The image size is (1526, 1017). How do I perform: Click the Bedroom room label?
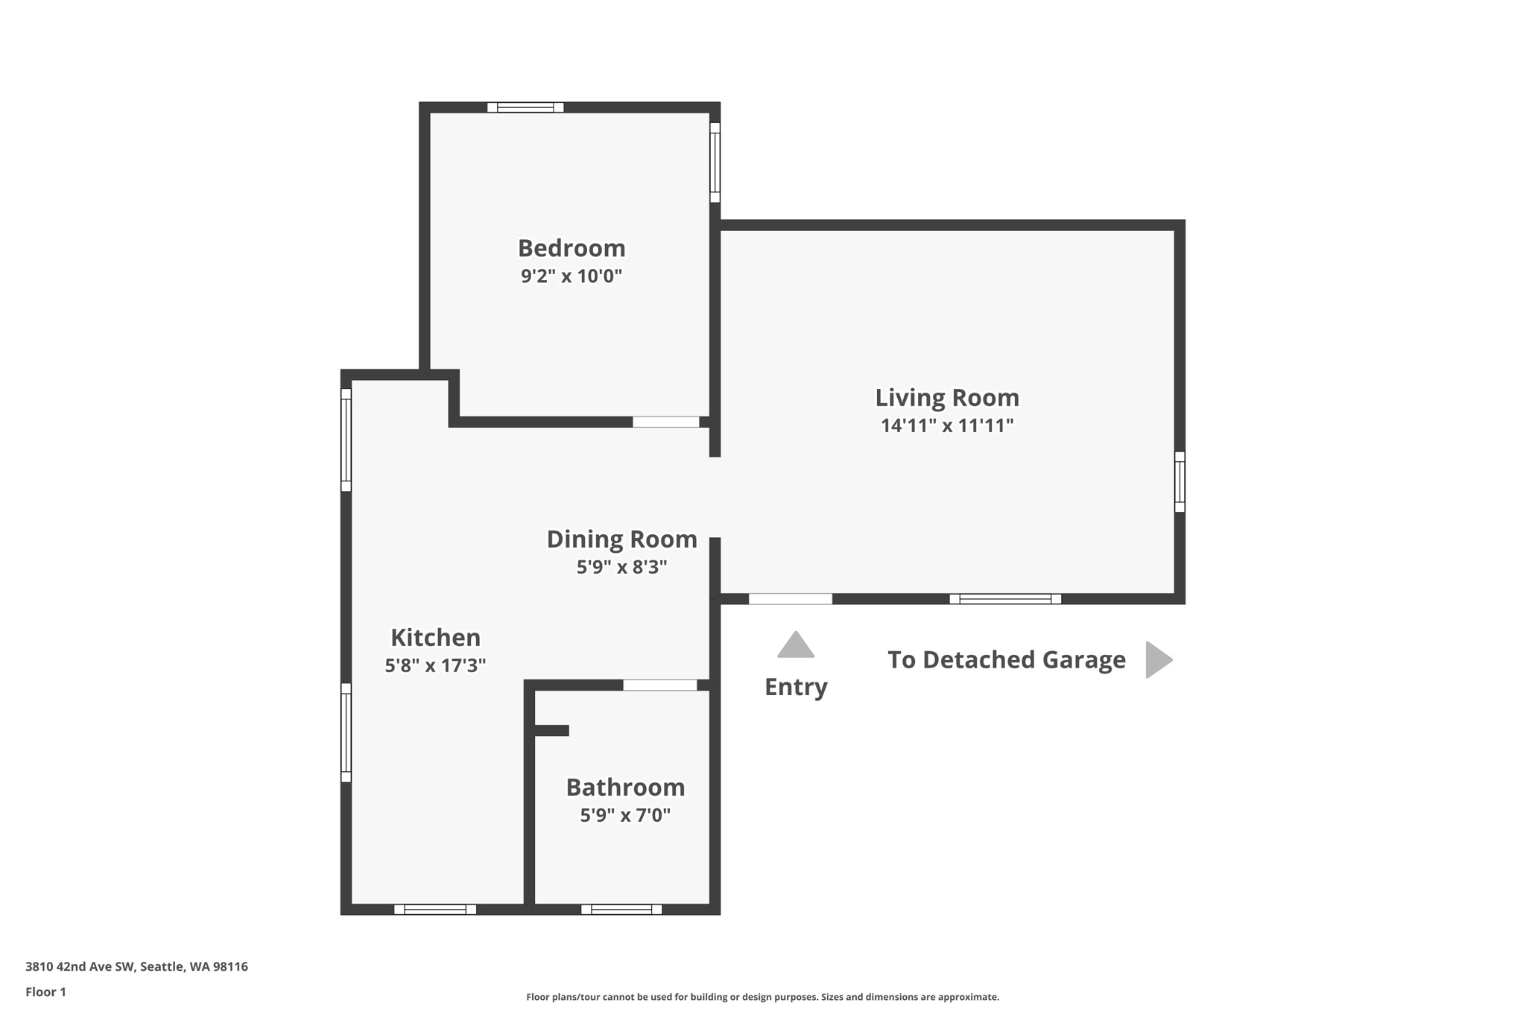(x=572, y=248)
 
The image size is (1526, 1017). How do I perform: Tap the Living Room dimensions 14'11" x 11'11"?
(x=947, y=425)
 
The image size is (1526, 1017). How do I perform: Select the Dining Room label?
(x=621, y=539)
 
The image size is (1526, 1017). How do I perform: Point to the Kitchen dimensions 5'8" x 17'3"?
(x=435, y=665)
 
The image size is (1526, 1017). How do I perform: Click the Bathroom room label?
(x=625, y=788)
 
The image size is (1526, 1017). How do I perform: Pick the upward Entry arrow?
(x=796, y=646)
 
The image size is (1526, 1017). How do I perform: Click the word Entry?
(x=796, y=687)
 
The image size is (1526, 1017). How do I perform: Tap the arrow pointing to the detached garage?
(x=1158, y=660)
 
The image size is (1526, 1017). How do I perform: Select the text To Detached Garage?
(x=1006, y=660)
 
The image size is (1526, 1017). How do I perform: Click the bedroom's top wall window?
(x=525, y=107)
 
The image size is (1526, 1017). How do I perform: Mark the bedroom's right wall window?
(x=715, y=162)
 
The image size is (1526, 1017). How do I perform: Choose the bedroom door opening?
(x=666, y=422)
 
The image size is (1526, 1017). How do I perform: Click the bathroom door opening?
(x=660, y=685)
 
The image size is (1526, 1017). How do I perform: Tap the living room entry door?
(x=791, y=599)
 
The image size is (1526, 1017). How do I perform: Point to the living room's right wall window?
(x=1180, y=481)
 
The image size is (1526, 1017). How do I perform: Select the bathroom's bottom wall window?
(x=621, y=909)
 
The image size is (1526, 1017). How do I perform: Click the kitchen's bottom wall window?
(x=435, y=909)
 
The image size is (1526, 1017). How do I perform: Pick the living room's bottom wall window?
(x=1005, y=599)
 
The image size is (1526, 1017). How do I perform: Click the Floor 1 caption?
(x=45, y=992)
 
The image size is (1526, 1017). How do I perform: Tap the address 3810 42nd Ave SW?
(x=80, y=967)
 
